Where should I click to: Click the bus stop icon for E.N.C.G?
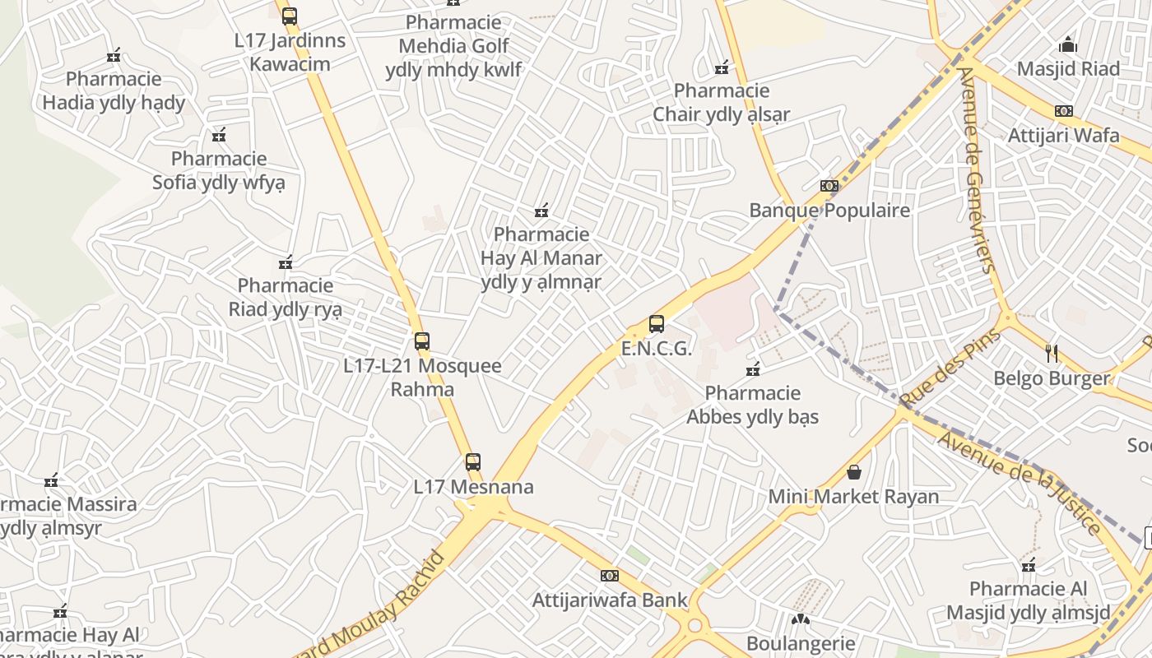656,324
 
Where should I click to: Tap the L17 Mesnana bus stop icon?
472,462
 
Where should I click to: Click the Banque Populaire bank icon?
829,186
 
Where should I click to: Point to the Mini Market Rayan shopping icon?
854,472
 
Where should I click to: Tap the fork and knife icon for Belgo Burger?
1052,354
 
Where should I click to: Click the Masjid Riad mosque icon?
1068,44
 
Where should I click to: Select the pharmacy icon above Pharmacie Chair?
722,67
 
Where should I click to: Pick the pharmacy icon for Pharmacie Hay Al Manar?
541,211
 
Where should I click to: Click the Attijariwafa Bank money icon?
609,576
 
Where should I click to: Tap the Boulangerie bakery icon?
801,619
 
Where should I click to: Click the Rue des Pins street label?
950,368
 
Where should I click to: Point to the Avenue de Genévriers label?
977,169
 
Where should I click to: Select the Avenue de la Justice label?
1020,482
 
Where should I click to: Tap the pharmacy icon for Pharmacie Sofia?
219,135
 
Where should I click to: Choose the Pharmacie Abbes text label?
753,405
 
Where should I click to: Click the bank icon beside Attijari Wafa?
1064,111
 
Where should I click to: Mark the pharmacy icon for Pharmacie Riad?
286,262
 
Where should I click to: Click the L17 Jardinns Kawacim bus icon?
289,16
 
